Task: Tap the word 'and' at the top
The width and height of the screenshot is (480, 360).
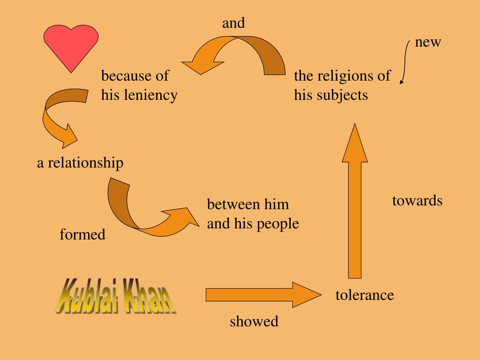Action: [233, 23]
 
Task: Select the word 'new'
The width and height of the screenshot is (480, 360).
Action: [428, 42]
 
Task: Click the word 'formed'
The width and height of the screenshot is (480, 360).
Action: [82, 234]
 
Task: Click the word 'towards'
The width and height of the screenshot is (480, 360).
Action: [417, 201]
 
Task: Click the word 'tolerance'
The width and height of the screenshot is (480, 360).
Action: [365, 295]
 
